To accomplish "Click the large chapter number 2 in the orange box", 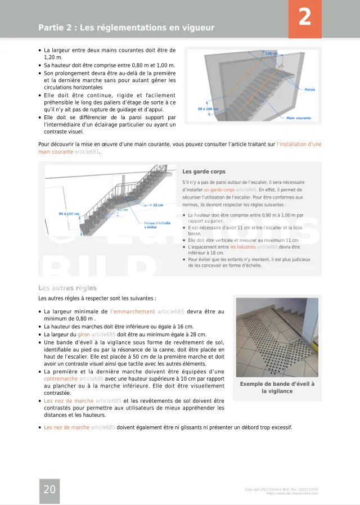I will (x=305, y=17).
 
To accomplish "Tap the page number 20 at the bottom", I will (x=49, y=490).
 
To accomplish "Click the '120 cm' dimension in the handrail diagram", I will (x=272, y=53).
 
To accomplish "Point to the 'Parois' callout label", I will (x=309, y=89).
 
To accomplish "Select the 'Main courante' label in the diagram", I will (x=299, y=118).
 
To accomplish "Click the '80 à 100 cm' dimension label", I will (x=208, y=109).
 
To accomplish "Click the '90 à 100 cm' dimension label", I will (x=69, y=214).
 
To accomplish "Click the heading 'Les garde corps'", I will (x=204, y=172).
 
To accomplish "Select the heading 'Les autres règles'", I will (x=67, y=288).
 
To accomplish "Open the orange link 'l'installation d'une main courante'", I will (x=299, y=145).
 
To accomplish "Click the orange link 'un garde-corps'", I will (x=219, y=190).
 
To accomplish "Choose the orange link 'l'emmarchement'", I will (x=133, y=311).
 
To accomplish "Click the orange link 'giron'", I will (x=83, y=334).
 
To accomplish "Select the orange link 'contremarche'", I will (x=61, y=379).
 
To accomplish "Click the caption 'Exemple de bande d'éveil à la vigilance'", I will (x=277, y=387).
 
